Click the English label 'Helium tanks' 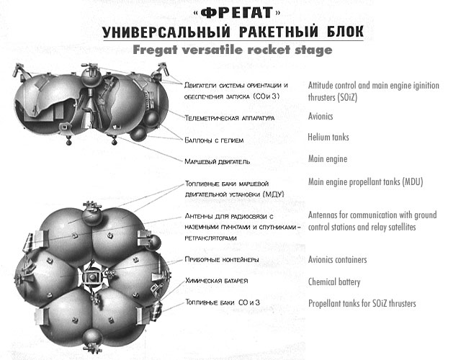(x=329, y=137)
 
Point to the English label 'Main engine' (x=328, y=158)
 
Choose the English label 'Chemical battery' (x=334, y=282)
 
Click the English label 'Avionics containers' (x=337, y=260)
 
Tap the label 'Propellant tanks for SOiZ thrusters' (x=362, y=304)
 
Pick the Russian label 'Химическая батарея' (x=217, y=282)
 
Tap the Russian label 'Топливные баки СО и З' (x=218, y=304)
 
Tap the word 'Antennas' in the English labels (x=325, y=215)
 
